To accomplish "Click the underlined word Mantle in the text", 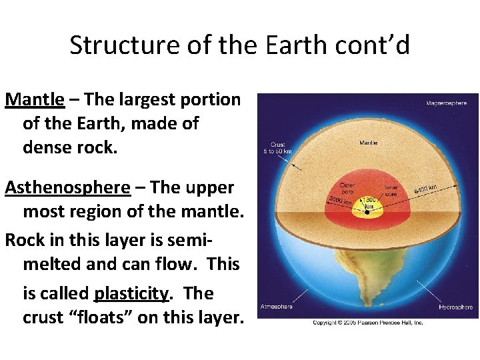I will [35, 99].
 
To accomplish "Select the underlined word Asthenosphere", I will [67, 187].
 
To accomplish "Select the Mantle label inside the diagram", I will [368, 142].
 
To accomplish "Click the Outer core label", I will [346, 189].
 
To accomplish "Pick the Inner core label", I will [391, 192].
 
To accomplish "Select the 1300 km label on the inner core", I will [369, 203].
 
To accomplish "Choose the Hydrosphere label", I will [455, 307].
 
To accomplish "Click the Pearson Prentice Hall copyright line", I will [368, 323].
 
